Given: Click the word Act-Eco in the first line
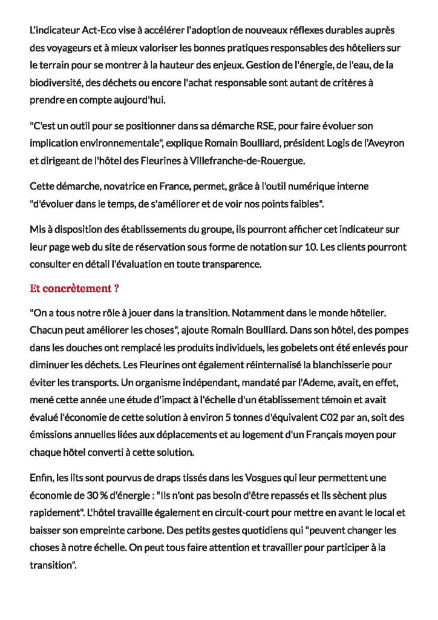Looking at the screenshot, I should coord(92,30).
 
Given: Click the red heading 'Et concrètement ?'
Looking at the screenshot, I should coord(73,288).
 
